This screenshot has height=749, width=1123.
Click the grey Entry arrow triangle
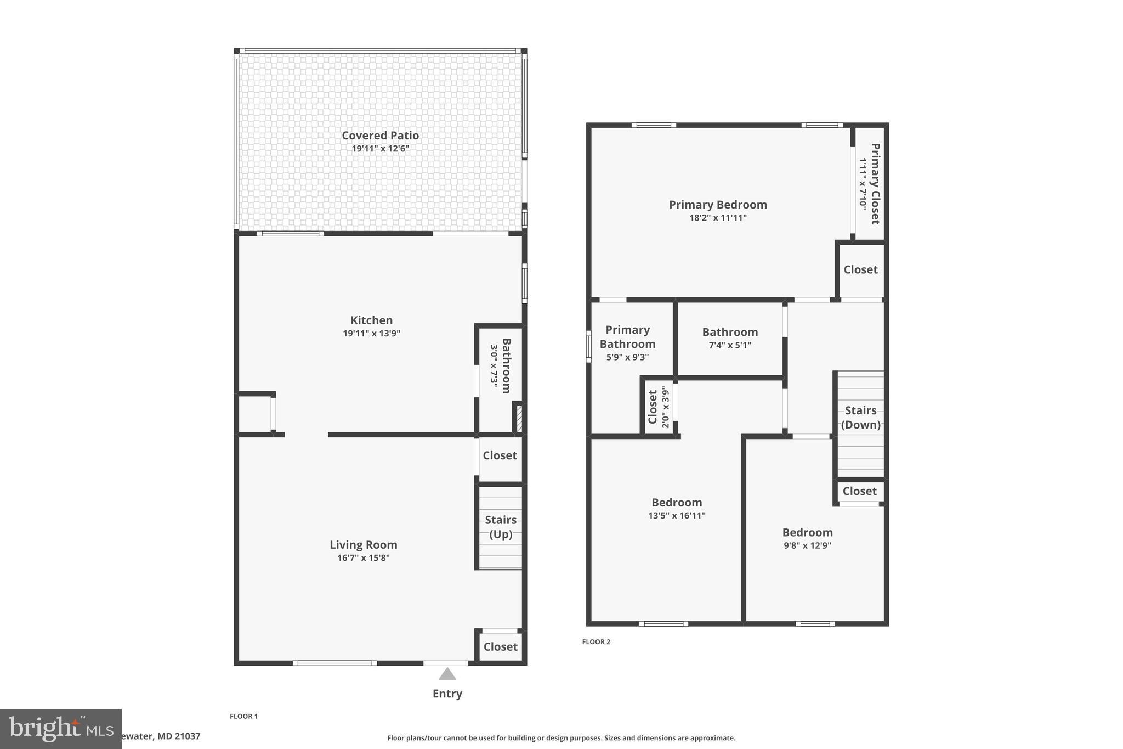coord(447,674)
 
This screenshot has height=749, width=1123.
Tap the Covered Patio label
coord(380,136)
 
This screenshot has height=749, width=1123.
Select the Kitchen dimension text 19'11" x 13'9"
coord(372,333)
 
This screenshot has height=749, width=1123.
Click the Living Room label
coord(363,545)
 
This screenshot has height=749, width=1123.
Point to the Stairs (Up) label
coord(500,527)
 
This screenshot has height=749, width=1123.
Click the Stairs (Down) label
coord(860,418)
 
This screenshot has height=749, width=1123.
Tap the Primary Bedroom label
coord(718,205)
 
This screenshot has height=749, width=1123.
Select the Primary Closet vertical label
coord(875,184)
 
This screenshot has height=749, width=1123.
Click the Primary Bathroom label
coord(627,337)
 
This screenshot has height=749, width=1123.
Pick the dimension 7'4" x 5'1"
coord(730,345)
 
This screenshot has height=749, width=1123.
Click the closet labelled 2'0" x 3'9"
coord(658,407)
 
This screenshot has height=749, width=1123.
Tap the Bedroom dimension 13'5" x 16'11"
coord(677,515)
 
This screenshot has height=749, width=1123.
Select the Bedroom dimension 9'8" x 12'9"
coord(807,545)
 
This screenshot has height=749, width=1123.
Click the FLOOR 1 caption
coord(243,716)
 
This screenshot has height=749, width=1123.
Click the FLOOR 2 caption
coord(596,641)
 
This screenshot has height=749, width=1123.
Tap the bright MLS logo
coord(60,729)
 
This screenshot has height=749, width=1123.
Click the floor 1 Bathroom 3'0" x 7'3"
coord(500,366)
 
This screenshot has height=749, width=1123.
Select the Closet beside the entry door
coord(500,647)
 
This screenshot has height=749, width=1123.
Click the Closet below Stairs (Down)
coord(859,491)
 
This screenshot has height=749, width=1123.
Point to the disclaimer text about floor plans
coord(561,738)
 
